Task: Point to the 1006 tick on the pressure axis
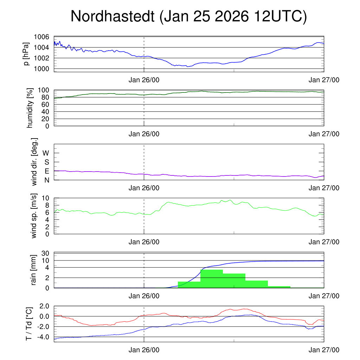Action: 41,37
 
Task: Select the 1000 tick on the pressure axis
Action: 41,69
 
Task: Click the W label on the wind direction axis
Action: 46,153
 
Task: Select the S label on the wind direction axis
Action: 46,162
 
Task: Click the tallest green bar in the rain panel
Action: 211,278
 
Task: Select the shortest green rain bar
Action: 279,287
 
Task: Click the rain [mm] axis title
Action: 34,270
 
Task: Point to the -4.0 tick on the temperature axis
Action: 41,337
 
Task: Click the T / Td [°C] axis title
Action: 30,323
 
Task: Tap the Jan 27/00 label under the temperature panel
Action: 324,350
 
